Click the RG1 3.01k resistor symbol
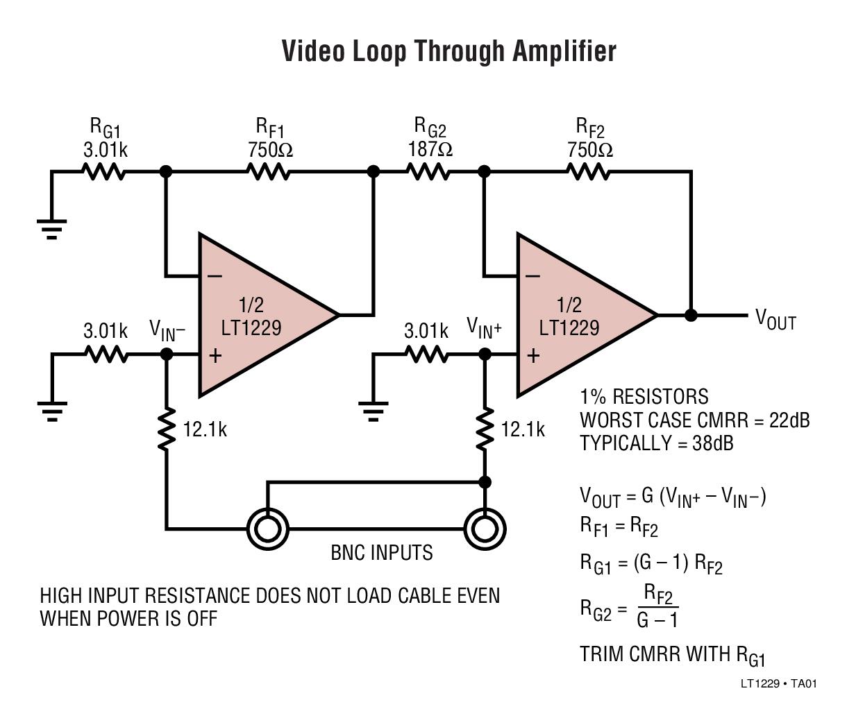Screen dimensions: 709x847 pos(104,171)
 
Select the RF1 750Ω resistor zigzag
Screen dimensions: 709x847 pos(269,171)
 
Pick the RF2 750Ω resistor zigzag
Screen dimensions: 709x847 pos(589,171)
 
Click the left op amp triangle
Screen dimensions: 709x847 pos(257,316)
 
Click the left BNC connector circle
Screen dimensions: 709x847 pos(267,529)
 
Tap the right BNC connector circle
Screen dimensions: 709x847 pos(485,529)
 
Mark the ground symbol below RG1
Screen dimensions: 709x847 pos(51,228)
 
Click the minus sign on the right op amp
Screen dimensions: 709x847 pos(532,276)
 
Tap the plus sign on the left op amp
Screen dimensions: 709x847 pos(215,356)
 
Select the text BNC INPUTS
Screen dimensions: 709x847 pos(381,553)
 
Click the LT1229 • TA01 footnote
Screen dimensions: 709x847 pos(778,684)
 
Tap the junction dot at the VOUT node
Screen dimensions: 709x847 pos(691,316)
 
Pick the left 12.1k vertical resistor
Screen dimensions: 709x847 pos(167,430)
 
